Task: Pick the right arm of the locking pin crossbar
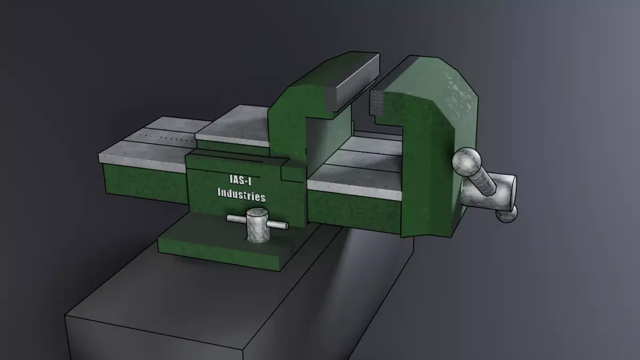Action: [278, 225]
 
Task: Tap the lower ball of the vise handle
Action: [507, 214]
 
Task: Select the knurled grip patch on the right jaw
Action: [378, 102]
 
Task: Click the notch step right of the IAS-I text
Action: [283, 173]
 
